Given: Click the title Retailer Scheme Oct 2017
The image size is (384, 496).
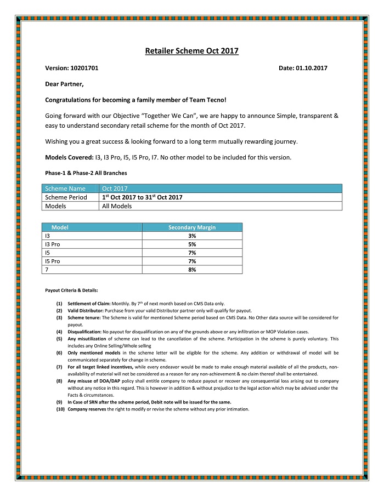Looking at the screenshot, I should pos(191,51).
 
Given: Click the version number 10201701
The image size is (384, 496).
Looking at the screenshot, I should pos(84,68).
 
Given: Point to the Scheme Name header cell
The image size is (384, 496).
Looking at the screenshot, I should pos(65,189).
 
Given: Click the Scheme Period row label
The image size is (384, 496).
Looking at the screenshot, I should pos(66,197).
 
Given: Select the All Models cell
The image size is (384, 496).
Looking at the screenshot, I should pos(117,206).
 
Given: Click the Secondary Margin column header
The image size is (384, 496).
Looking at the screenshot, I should pos(191,227).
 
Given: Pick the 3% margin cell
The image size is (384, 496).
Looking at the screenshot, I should pos(192,236).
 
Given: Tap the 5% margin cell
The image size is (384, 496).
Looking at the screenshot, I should pos(192,244).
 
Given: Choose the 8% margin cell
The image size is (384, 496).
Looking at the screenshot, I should pos(192,270).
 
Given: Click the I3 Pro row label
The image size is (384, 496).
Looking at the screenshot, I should pos(53,244).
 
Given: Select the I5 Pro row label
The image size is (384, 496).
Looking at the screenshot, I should pos(53,261).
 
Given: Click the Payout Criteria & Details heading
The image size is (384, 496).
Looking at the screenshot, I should pos(71,290).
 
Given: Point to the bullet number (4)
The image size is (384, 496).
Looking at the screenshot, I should pos(59,332).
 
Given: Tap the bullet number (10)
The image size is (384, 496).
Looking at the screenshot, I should pos(60,409).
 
